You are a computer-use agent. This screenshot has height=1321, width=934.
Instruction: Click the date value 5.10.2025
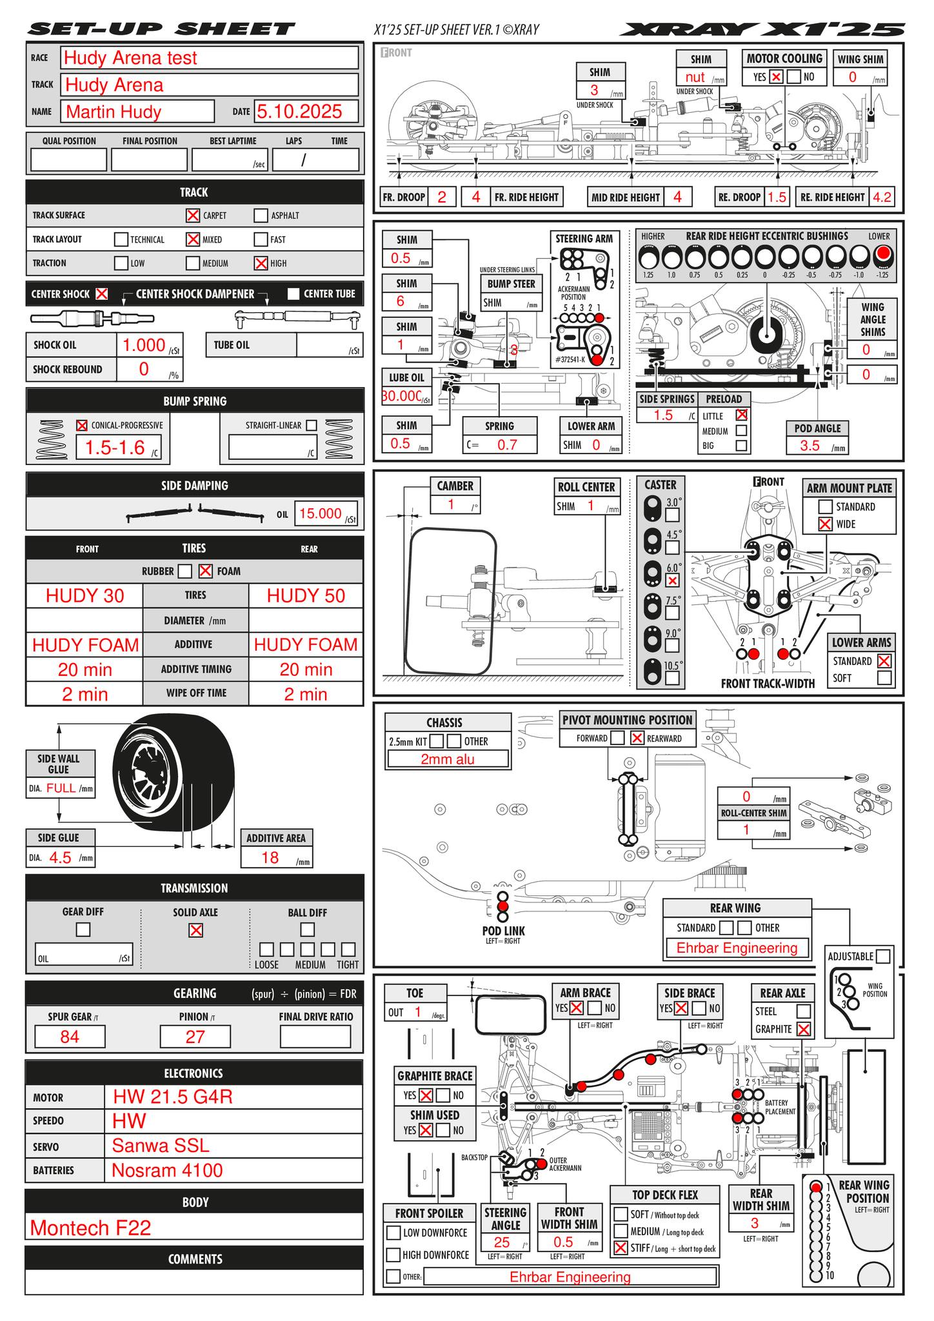click(x=299, y=112)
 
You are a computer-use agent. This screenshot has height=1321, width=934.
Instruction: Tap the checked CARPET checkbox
click(x=192, y=215)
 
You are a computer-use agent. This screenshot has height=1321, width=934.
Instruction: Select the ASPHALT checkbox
click(x=261, y=215)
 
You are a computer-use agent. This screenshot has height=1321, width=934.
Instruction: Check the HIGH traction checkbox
click(x=261, y=263)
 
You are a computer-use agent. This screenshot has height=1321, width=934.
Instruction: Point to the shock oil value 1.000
click(x=144, y=345)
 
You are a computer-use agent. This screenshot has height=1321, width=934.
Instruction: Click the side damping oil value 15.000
click(x=320, y=513)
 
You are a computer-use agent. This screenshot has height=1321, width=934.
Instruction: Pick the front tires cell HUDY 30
click(x=84, y=595)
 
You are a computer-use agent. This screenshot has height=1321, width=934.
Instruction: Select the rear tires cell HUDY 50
click(x=306, y=595)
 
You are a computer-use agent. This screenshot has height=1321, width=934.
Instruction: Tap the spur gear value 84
click(x=70, y=1037)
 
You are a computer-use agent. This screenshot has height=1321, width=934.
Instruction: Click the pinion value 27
click(x=195, y=1037)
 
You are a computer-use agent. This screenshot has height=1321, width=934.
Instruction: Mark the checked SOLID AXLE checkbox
click(x=195, y=930)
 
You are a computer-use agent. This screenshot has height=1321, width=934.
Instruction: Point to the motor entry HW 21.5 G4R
click(x=172, y=1097)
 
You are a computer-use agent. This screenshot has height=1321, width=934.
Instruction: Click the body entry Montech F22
click(x=90, y=1227)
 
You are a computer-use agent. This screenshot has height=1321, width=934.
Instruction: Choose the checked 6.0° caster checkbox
click(x=672, y=581)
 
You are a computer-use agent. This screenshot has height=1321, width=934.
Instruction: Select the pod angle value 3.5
click(x=810, y=446)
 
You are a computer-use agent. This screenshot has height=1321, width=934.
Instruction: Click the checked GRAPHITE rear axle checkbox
click(x=803, y=1030)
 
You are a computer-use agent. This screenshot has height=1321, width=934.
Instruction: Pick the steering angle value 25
click(x=501, y=1242)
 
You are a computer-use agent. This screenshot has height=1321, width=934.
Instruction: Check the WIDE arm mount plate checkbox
click(x=825, y=524)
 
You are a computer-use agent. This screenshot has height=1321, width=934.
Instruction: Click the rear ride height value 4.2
click(x=882, y=197)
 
